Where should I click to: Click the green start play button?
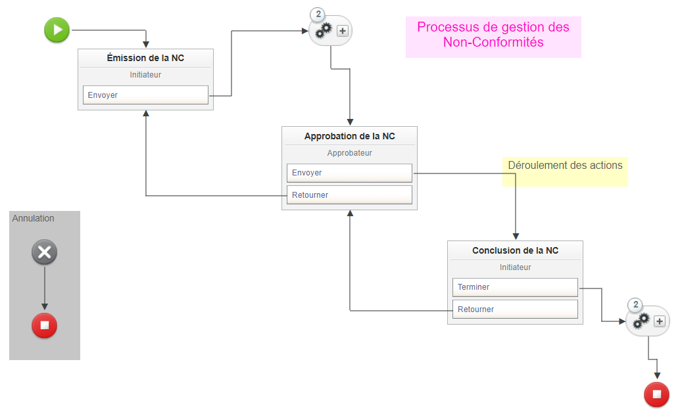pyautogui.click(x=57, y=30)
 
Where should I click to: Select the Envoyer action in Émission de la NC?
pyautogui.click(x=145, y=95)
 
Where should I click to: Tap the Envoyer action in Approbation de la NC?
pyautogui.click(x=349, y=173)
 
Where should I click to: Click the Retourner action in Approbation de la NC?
pyautogui.click(x=349, y=195)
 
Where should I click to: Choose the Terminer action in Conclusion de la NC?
pyautogui.click(x=515, y=287)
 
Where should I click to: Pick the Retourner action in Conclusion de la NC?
pyautogui.click(x=515, y=309)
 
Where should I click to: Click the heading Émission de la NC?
pyautogui.click(x=145, y=58)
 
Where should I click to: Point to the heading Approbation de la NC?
pyautogui.click(x=349, y=137)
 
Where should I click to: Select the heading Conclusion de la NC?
pyautogui.click(x=515, y=251)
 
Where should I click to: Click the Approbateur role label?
pyautogui.click(x=349, y=153)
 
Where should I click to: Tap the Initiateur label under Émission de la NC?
pyautogui.click(x=145, y=75)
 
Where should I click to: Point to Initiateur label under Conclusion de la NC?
pyautogui.click(x=515, y=267)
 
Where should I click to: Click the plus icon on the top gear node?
pyautogui.click(x=342, y=31)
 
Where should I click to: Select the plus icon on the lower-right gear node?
pyautogui.click(x=660, y=321)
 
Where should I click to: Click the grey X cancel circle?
pyautogui.click(x=45, y=252)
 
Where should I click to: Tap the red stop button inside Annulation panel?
pyautogui.click(x=45, y=325)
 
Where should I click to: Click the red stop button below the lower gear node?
pyautogui.click(x=656, y=394)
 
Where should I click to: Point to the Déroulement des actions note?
pyautogui.click(x=565, y=166)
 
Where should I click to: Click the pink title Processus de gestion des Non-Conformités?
pyautogui.click(x=493, y=35)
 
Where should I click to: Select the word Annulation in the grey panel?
pyautogui.click(x=34, y=219)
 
